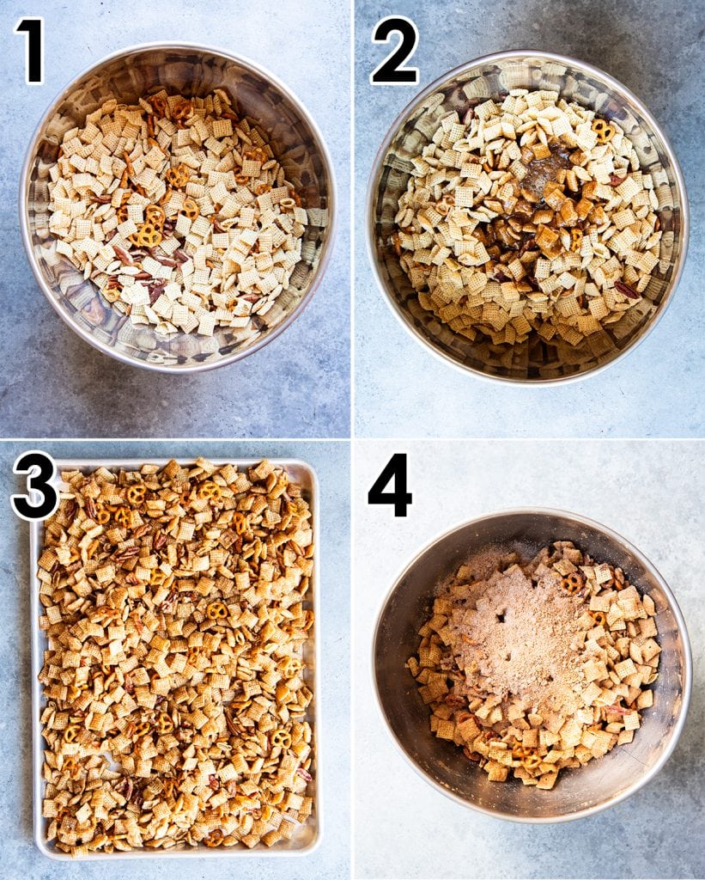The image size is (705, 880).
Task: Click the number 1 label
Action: click(30, 51)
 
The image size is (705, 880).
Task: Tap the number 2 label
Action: click(394, 51)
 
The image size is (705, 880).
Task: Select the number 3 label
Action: click(34, 486)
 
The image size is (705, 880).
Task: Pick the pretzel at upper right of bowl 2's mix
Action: click(602, 130)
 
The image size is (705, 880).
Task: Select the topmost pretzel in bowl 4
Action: click(572, 583)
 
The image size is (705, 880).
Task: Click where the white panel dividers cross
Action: click(352, 439)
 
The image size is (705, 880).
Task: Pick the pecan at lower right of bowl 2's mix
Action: click(626, 290)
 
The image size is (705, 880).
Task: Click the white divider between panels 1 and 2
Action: click(352, 215)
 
